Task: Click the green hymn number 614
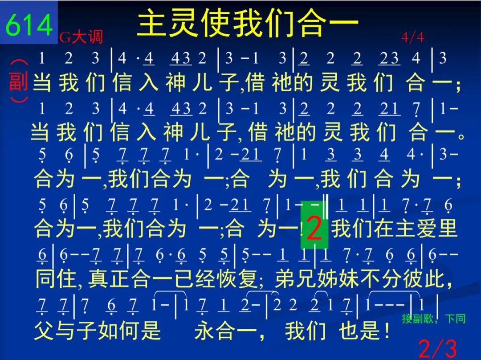[29, 25]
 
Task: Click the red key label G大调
[81, 37]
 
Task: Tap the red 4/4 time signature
[412, 37]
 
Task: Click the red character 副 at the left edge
[18, 81]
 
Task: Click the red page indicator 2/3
[437, 349]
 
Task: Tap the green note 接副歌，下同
[434, 319]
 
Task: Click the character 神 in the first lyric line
[175, 82]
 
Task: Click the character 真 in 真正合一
[98, 278]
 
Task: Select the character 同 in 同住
[45, 278]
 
